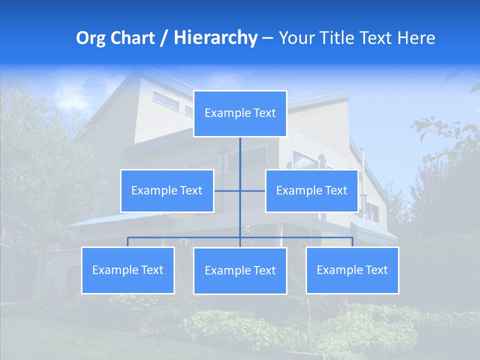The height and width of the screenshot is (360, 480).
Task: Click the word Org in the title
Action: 90,38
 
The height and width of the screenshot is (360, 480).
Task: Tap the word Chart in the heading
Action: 130,38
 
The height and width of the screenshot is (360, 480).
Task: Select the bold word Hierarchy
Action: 215,38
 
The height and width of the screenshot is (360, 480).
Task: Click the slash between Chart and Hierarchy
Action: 163,38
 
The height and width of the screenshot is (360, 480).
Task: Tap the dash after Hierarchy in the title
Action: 267,38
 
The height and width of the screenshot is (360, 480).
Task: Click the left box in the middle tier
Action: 167,190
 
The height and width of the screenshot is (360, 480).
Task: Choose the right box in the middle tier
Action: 311,190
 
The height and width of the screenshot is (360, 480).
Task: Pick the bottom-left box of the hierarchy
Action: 127,270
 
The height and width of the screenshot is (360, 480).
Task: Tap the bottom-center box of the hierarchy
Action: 240,270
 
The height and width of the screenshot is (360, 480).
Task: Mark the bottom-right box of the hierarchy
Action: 352,270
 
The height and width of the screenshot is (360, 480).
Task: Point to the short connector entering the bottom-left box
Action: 127,242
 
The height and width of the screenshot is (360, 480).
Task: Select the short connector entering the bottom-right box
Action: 352,242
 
